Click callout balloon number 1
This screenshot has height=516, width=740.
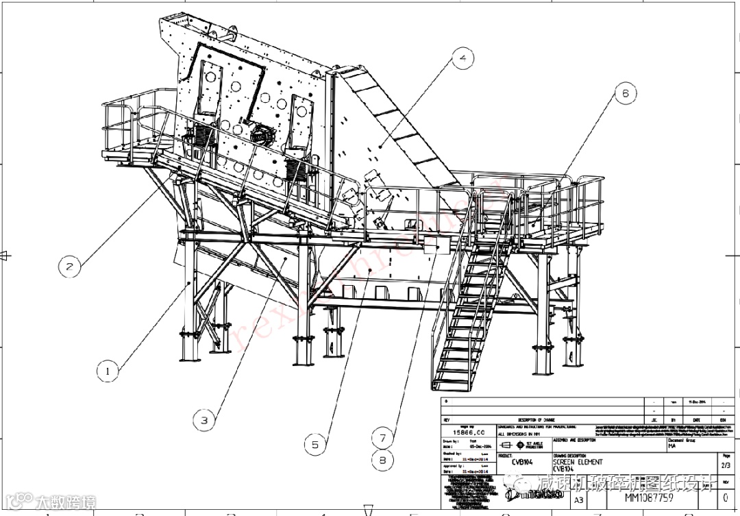point(107,371)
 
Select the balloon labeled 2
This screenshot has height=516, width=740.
point(69,265)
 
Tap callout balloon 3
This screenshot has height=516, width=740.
point(204,420)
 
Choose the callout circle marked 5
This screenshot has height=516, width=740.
point(314,444)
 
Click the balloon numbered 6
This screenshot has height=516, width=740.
point(625,93)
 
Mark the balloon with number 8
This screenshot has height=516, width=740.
point(382,460)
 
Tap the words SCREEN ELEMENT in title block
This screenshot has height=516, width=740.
point(579,462)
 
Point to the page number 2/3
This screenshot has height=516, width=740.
point(726,465)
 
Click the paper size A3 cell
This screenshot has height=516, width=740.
point(579,500)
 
